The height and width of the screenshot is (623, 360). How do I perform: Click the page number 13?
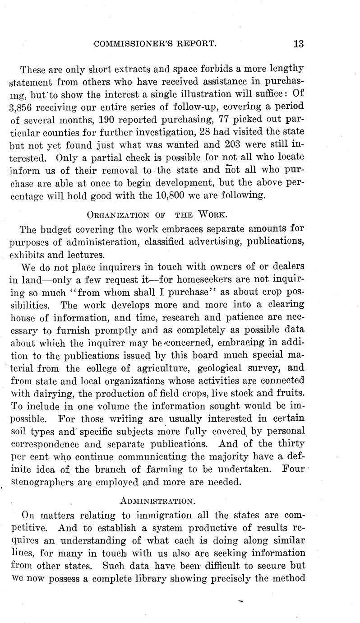pos(299,44)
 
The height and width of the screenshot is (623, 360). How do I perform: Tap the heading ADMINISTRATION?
pos(157,501)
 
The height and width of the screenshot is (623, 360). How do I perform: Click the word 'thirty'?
pos(289,443)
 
